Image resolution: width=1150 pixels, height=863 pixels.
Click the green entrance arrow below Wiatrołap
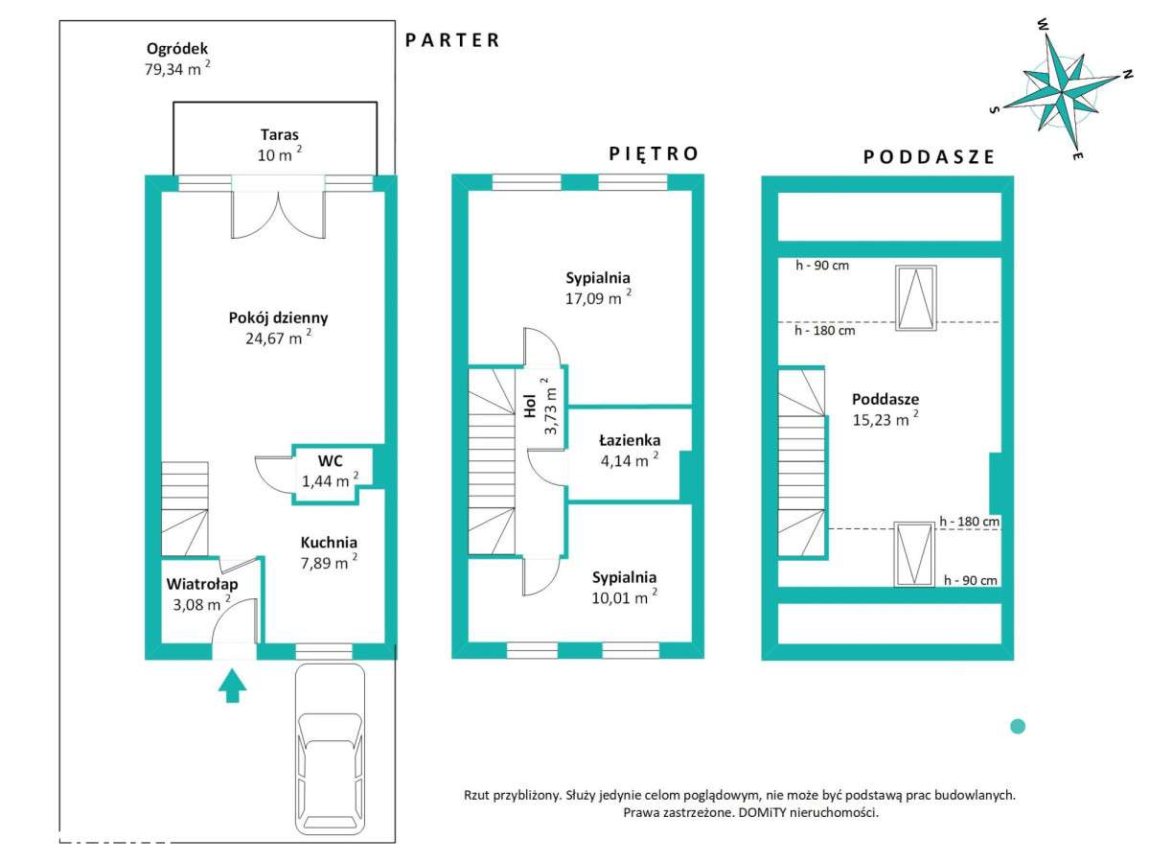click(232, 686)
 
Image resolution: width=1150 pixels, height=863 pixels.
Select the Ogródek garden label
click(177, 49)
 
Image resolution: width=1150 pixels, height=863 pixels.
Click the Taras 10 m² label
click(279, 145)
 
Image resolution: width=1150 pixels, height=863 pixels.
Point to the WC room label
click(330, 460)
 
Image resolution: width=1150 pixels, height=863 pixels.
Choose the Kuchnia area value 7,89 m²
click(329, 563)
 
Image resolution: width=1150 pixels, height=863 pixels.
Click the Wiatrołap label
click(202, 584)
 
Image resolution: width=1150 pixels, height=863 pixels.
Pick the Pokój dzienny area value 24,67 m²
click(278, 338)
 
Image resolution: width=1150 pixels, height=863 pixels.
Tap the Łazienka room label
click(630, 440)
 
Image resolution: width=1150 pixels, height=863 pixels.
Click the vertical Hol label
click(530, 406)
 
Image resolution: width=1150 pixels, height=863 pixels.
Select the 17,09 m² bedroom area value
click(598, 298)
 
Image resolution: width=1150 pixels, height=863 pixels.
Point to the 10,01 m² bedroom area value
click(624, 597)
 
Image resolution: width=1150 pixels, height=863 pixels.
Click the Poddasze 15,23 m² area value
click(885, 420)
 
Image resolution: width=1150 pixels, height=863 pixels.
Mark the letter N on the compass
click(1127, 75)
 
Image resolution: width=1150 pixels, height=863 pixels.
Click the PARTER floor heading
click(452, 40)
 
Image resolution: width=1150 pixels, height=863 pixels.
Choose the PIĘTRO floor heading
click(653, 153)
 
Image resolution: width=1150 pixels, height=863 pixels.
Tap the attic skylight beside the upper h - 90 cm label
click(916, 298)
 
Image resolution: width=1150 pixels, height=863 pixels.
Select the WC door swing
click(273, 475)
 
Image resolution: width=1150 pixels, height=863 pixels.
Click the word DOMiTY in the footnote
click(761, 813)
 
